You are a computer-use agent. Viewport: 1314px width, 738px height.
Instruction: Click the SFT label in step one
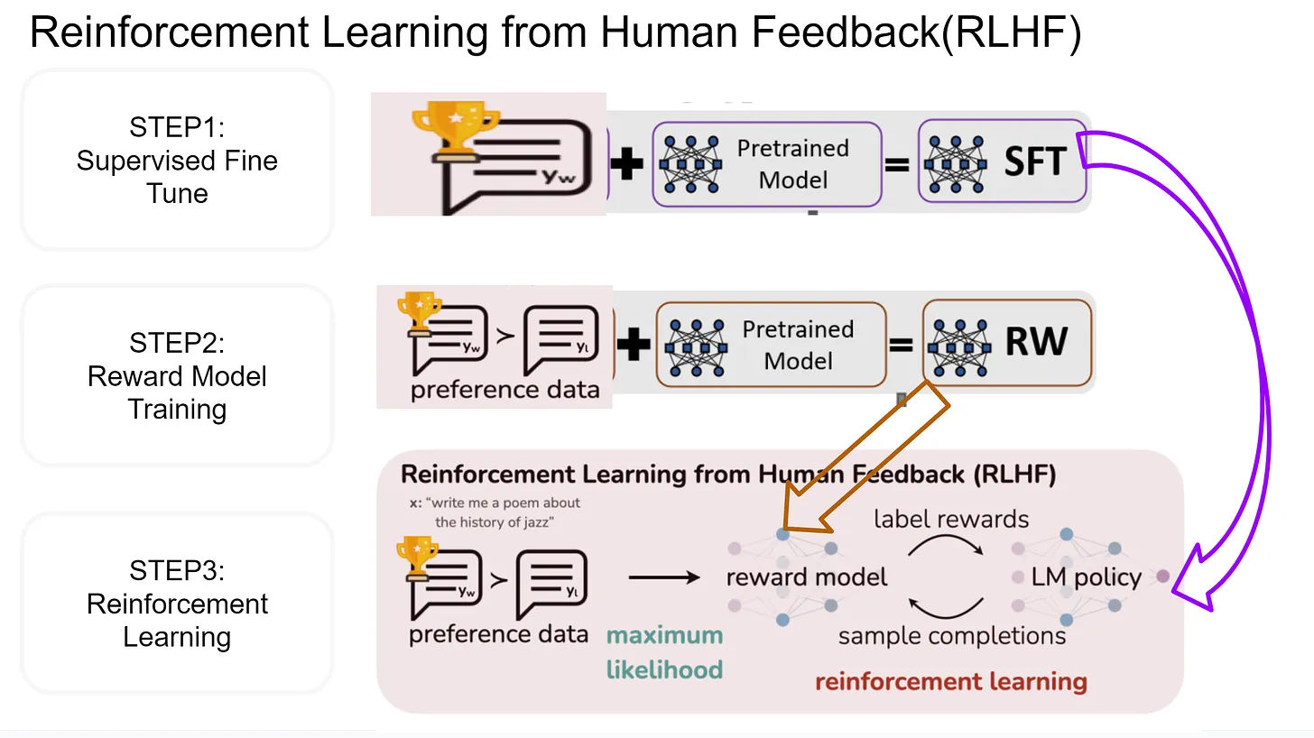[1034, 161]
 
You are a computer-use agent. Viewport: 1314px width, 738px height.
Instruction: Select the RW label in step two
[1036, 342]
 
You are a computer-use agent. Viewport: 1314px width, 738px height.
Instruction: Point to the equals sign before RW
[900, 345]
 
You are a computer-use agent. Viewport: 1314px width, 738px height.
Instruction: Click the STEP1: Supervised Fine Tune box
[177, 161]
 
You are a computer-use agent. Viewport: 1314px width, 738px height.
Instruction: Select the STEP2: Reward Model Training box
[177, 375]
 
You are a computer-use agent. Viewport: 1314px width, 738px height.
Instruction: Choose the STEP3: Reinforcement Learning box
[177, 604]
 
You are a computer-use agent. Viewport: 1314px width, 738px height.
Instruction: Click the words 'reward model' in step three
[806, 577]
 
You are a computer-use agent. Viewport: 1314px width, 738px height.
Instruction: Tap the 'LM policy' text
[1086, 577]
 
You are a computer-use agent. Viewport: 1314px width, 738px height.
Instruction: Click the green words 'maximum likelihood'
[664, 651]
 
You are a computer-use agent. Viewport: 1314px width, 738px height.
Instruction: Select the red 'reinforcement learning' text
[949, 681]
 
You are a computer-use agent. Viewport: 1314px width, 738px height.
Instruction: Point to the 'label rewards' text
[950, 520]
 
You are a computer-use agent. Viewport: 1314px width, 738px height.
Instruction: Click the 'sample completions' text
[951, 636]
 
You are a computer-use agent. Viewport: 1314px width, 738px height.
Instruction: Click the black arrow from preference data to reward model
[663, 577]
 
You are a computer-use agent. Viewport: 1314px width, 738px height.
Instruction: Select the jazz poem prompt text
[502, 512]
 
